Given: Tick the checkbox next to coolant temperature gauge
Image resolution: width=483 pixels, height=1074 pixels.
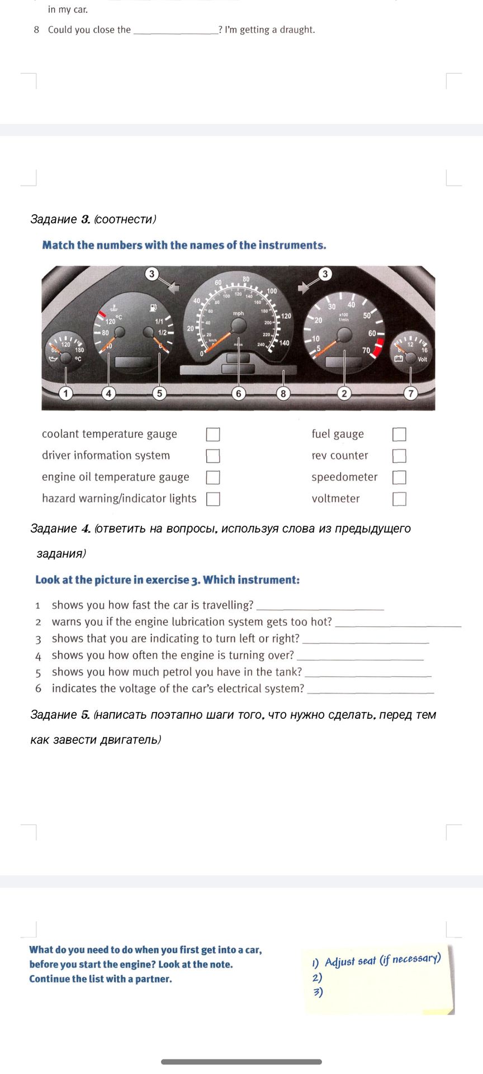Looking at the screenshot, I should click(x=213, y=435).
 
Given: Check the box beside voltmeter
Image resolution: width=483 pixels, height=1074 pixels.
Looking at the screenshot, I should click(x=399, y=499).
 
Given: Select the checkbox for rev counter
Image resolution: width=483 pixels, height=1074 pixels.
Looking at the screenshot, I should click(x=399, y=456).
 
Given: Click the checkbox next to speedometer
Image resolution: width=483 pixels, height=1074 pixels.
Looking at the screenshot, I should click(x=399, y=477).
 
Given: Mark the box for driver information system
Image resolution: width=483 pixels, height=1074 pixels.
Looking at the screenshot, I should click(x=213, y=456).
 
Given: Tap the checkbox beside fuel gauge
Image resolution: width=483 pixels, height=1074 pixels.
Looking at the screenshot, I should click(x=399, y=435).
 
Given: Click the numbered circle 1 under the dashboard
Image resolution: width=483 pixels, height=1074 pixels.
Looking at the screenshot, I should click(x=66, y=393).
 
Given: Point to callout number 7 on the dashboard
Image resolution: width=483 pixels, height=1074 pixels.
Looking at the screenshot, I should click(x=411, y=393).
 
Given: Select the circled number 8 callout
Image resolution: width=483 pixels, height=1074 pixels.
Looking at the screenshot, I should click(x=283, y=393).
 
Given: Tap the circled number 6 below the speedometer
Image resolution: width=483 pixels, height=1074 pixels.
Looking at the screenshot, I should click(x=239, y=393).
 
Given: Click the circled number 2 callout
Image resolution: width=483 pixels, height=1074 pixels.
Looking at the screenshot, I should click(x=344, y=393).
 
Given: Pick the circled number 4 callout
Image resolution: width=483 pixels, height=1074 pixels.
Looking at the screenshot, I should click(x=108, y=393).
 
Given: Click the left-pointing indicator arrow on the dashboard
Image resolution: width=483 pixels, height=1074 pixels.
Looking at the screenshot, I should click(x=173, y=288).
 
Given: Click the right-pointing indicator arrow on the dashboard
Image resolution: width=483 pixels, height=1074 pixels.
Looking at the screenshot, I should click(x=304, y=288).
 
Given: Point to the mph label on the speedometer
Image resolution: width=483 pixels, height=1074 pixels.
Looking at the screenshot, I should click(x=239, y=314).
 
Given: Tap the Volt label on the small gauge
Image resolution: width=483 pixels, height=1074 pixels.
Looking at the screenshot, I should click(x=422, y=359).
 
